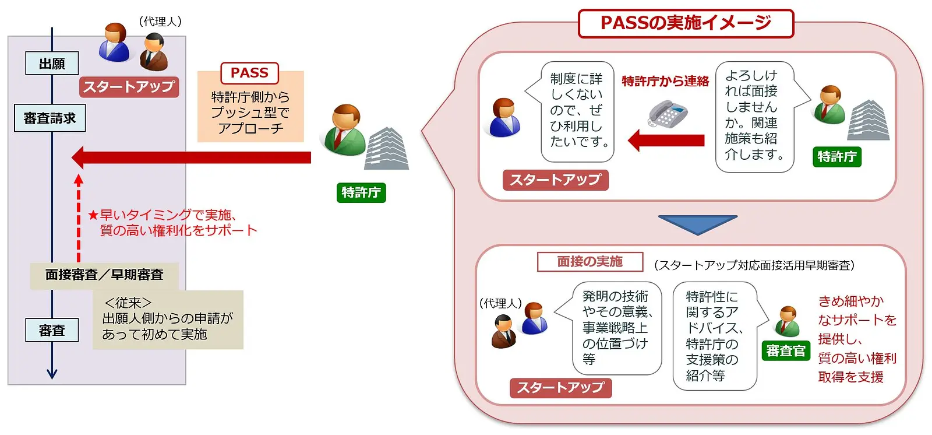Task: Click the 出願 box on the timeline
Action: click(x=52, y=64)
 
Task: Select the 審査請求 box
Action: click(x=50, y=118)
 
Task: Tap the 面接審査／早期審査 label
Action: click(x=104, y=275)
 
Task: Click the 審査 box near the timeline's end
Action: click(x=52, y=331)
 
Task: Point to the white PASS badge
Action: click(x=250, y=73)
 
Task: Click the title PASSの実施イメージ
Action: click(x=686, y=23)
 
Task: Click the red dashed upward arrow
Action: click(x=79, y=218)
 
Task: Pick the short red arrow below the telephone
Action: click(x=666, y=141)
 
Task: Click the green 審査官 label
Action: click(x=786, y=351)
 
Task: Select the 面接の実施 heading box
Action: click(x=590, y=262)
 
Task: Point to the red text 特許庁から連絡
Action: click(x=665, y=81)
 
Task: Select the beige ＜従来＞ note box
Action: click(x=168, y=320)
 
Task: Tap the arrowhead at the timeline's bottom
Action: click(x=52, y=374)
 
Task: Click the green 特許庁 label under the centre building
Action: click(x=361, y=192)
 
